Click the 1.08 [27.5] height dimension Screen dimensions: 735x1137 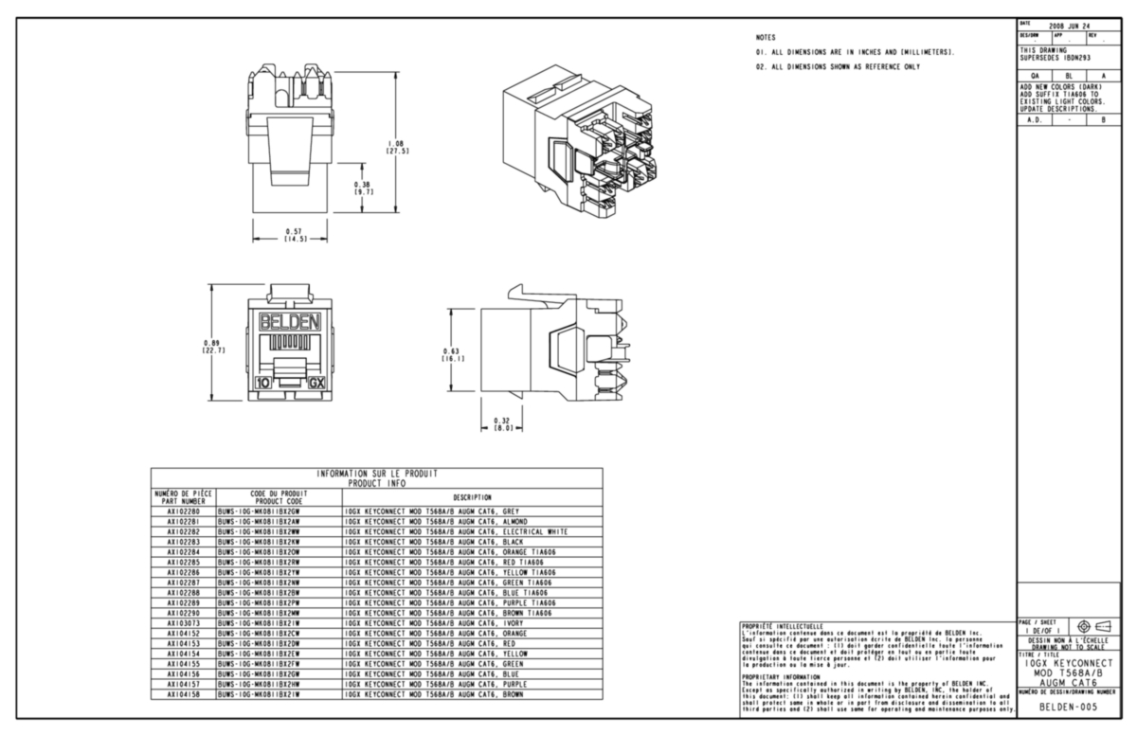coord(397,146)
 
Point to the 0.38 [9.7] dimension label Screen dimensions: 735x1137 coord(363,188)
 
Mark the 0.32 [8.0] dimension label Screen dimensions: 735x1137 coord(502,423)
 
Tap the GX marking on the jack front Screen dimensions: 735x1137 coord(319,384)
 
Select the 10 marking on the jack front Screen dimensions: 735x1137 coord(262,384)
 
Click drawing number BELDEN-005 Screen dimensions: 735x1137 coord(1069,707)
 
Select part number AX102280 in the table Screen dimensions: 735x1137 coord(184,511)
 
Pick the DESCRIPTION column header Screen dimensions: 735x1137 coord(472,496)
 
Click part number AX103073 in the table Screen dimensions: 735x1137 coord(184,623)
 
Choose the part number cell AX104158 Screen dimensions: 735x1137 coord(184,694)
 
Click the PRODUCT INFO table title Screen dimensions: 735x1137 coord(377,483)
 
